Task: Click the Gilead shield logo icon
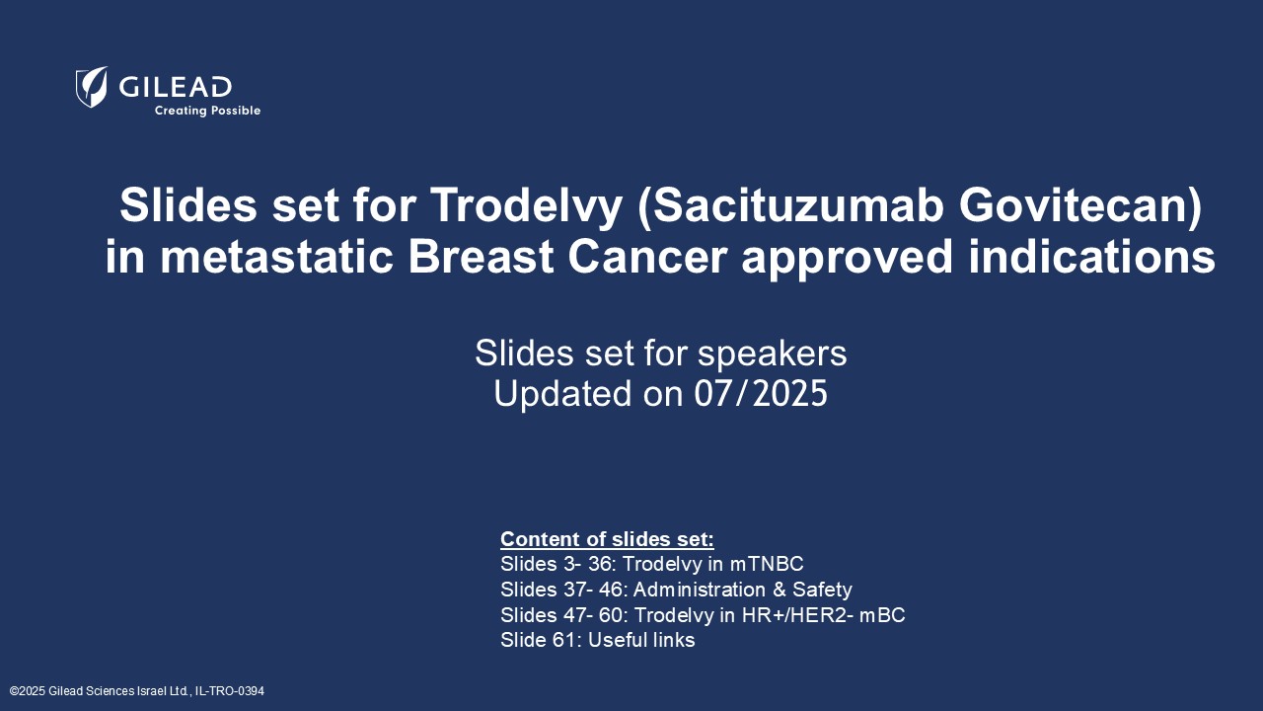coord(92,87)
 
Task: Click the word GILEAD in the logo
coord(176,87)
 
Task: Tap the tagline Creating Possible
coord(207,111)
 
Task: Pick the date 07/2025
coord(761,394)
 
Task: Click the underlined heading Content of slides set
coord(606,539)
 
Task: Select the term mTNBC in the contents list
coord(767,564)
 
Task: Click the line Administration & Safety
coord(742,590)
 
